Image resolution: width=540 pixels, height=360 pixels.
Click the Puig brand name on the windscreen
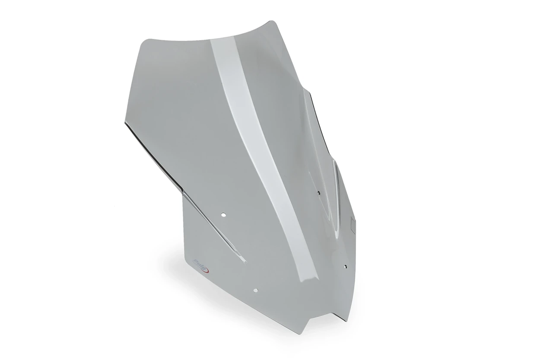point(199,262)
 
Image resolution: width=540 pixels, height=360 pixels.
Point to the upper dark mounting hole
point(318,193)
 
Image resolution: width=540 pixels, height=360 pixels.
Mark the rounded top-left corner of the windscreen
point(144,40)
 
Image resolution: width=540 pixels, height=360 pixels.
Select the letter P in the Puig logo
point(195,261)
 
